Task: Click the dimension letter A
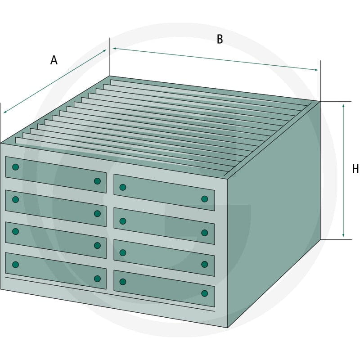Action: tap(54, 60)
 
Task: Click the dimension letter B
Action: tap(220, 39)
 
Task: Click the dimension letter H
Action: tap(355, 169)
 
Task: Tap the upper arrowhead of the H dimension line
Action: tap(343, 106)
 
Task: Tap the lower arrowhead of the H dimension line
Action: tap(343, 235)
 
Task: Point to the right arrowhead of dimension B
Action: tap(317, 70)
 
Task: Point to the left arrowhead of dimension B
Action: tap(114, 49)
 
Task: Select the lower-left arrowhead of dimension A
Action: tap(5, 112)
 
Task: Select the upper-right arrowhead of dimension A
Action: tap(104, 51)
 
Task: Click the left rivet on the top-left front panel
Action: tap(15, 167)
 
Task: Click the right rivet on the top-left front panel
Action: tap(97, 181)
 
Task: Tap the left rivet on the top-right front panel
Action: tap(123, 187)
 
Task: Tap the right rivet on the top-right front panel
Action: tap(205, 199)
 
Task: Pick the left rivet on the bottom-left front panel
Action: tap(15, 265)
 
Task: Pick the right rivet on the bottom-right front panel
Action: tap(205, 293)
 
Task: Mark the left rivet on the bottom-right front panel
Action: tap(123, 282)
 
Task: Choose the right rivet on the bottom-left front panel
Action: tap(97, 279)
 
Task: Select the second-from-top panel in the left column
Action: tap(56, 208)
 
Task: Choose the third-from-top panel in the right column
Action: tap(164, 258)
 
